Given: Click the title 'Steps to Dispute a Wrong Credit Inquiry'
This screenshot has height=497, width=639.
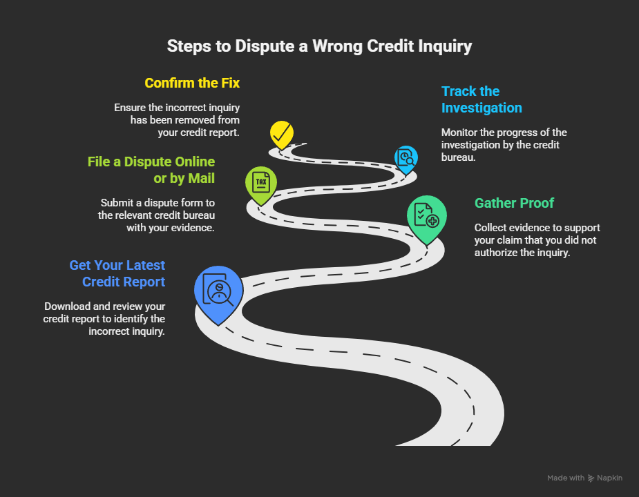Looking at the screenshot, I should pos(319,47).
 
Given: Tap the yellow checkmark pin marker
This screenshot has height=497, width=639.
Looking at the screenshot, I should pos(281,134).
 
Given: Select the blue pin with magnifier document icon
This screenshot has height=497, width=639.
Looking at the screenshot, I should pos(406,157).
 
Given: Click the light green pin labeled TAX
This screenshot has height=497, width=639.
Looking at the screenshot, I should pos(260,183).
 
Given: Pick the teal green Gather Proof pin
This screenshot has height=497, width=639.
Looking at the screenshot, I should pos(426,215).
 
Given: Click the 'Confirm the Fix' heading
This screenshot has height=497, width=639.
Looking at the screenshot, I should pos(192,84).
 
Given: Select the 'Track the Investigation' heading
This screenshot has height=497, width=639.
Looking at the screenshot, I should pos(481,99).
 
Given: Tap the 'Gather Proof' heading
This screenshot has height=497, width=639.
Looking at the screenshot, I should pos(514,203).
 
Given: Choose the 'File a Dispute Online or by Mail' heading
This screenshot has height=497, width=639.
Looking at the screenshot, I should pos(151,170).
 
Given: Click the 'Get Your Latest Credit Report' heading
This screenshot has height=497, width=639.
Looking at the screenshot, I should pos(117,273).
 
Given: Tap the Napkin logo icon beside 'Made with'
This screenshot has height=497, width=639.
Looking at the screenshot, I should pos(591,478).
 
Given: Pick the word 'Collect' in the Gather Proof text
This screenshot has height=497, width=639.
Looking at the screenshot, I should pos(491,228).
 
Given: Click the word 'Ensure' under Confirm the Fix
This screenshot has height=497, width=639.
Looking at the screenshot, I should pos(131,108).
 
